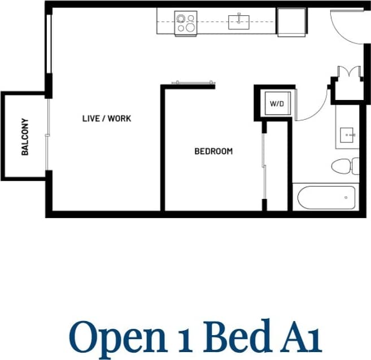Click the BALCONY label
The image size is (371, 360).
[25, 136]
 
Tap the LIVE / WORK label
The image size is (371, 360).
[107, 119]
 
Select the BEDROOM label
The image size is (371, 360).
[213, 151]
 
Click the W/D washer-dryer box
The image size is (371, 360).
[276, 104]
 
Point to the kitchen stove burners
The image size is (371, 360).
[185, 23]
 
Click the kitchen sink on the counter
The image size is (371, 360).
[238, 22]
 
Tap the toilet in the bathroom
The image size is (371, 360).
[343, 167]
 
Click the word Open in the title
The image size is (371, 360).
[115, 337]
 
